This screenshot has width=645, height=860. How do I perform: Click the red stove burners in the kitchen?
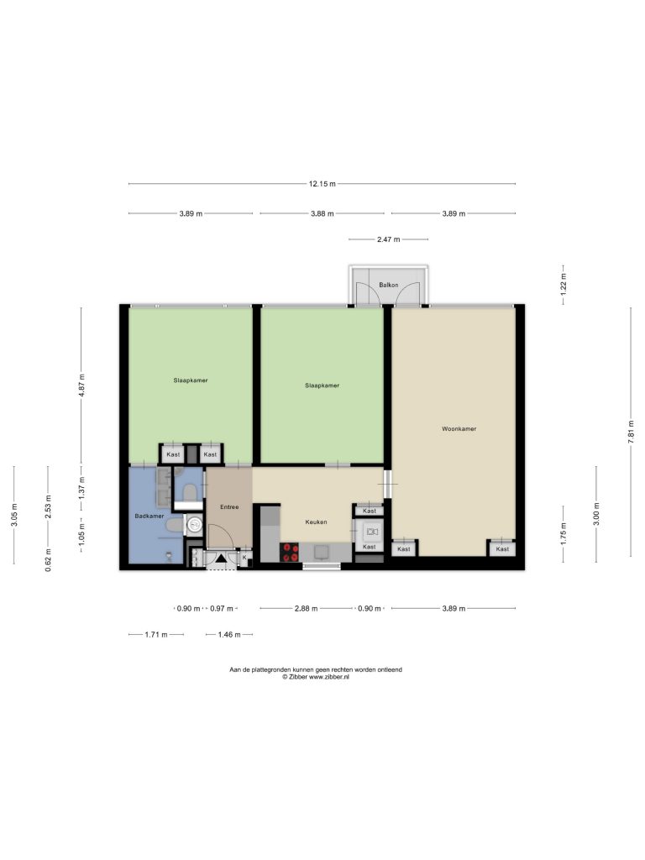point(290,553)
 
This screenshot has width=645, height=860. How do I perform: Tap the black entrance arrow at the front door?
point(221,558)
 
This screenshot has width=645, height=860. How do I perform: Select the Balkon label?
point(388,286)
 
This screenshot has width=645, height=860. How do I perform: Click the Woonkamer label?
point(459,429)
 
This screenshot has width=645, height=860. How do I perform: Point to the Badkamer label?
point(149,517)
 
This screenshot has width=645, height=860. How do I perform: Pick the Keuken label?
point(316,522)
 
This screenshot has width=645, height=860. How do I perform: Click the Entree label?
point(229,506)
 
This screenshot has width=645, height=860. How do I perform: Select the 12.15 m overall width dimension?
point(322,184)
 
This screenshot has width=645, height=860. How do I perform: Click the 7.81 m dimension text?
point(631,432)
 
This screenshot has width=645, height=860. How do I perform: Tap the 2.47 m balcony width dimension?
point(388,239)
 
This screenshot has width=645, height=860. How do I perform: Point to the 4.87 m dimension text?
point(82,385)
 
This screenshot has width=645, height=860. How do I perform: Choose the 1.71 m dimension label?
point(155,635)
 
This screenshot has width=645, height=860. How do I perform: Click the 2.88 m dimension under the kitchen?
point(306,608)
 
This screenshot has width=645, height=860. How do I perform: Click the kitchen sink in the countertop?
point(322,552)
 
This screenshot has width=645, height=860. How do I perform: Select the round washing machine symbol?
point(194,525)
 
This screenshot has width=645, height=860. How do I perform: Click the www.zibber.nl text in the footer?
point(329,677)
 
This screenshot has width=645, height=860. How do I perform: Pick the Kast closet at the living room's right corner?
point(502,548)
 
